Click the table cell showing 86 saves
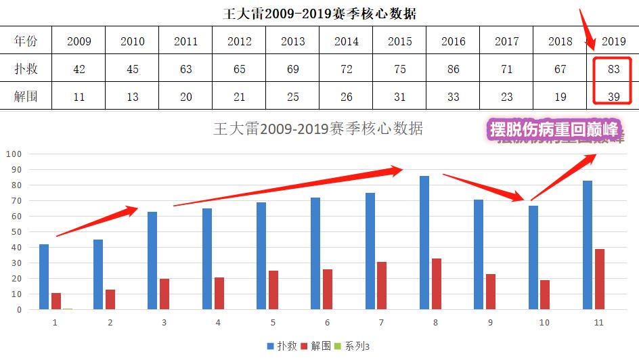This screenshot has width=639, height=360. pyautogui.click(x=454, y=69)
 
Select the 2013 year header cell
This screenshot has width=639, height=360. pyautogui.click(x=293, y=41)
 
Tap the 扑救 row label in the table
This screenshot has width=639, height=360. pyautogui.click(x=26, y=69)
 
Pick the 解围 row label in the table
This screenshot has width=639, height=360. pyautogui.click(x=26, y=96)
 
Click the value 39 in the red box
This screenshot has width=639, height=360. pyautogui.click(x=614, y=96)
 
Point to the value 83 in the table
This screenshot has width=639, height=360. pyautogui.click(x=614, y=69)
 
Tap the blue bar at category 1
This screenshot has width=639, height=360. pyautogui.click(x=44, y=277)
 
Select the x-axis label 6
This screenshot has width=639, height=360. pyautogui.click(x=328, y=323)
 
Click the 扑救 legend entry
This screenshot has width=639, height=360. pyautogui.click(x=282, y=346)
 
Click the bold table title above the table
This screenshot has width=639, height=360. pyautogui.click(x=320, y=14)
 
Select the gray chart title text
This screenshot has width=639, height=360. pyautogui.click(x=318, y=129)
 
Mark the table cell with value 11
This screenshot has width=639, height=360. pyautogui.click(x=79, y=96)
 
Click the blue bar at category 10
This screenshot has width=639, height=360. pyautogui.click(x=533, y=257)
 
